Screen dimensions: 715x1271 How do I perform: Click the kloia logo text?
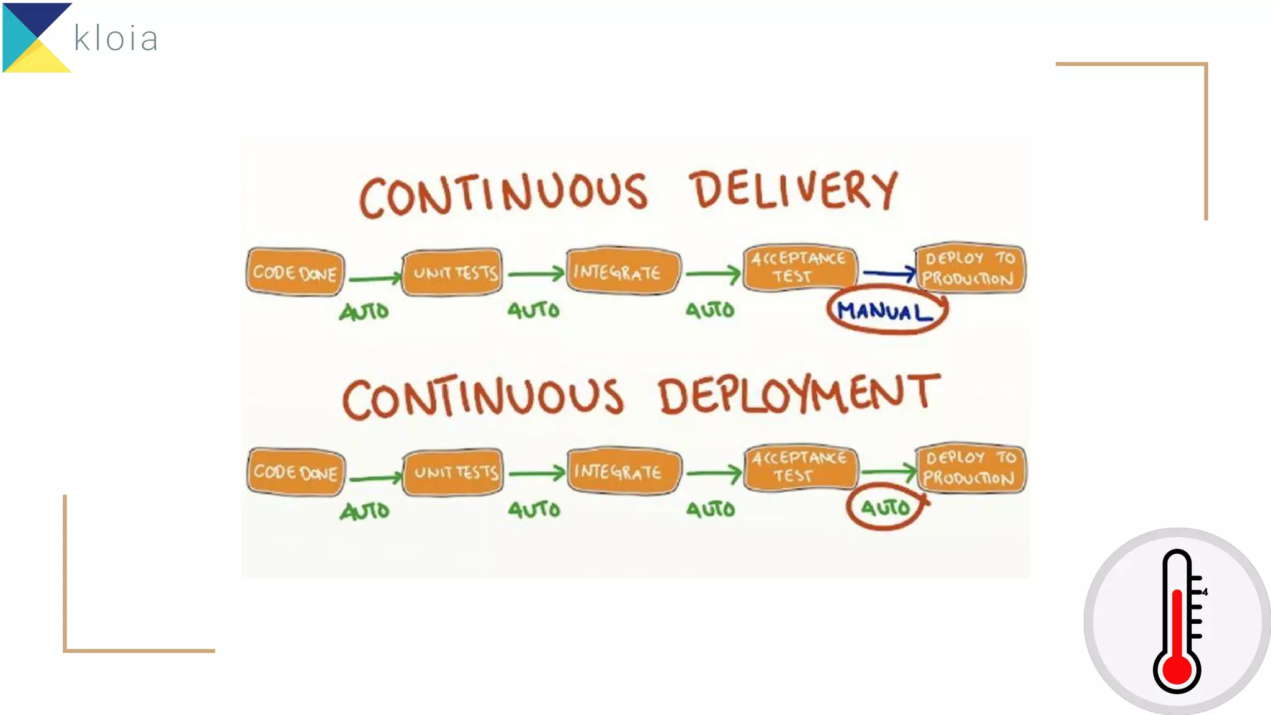tap(116, 38)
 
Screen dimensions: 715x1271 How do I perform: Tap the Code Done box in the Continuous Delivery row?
tap(295, 272)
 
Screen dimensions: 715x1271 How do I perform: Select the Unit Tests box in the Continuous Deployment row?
tap(455, 472)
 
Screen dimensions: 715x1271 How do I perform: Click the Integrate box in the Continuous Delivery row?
tap(622, 271)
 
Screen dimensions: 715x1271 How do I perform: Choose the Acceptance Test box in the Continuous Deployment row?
tap(800, 467)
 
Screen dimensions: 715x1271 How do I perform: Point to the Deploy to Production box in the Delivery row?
tap(969, 268)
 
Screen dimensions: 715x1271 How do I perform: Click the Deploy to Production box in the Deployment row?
tap(970, 469)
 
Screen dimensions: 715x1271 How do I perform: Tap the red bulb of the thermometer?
tap(1177, 670)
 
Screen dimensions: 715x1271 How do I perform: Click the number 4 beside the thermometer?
tap(1205, 592)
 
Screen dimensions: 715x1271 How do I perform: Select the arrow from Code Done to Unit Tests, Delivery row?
tap(375, 278)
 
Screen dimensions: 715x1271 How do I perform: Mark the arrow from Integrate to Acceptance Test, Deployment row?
tap(714, 474)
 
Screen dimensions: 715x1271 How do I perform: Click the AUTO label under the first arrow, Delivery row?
tap(364, 311)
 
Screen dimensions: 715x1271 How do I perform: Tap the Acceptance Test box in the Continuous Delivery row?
tap(799, 268)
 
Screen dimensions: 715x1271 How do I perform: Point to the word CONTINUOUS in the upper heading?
tap(503, 194)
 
